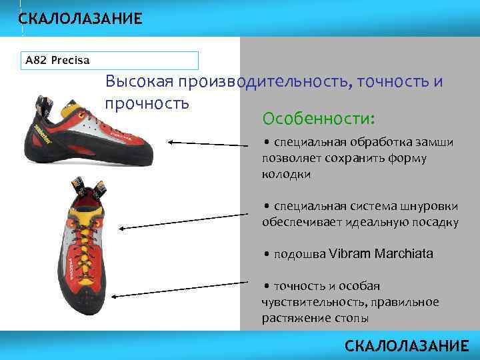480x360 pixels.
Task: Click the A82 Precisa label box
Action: pos(111,61)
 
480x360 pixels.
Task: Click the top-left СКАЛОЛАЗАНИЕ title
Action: pos(80,19)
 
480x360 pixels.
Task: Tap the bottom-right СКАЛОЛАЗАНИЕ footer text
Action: pos(407,345)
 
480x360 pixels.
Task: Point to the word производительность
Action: pos(264,81)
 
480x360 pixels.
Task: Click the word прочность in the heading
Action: pos(147,103)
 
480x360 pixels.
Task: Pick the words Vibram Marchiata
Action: pos(381,254)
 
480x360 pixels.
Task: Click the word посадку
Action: pos(431,222)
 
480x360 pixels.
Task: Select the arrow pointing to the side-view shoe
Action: pos(207,143)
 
